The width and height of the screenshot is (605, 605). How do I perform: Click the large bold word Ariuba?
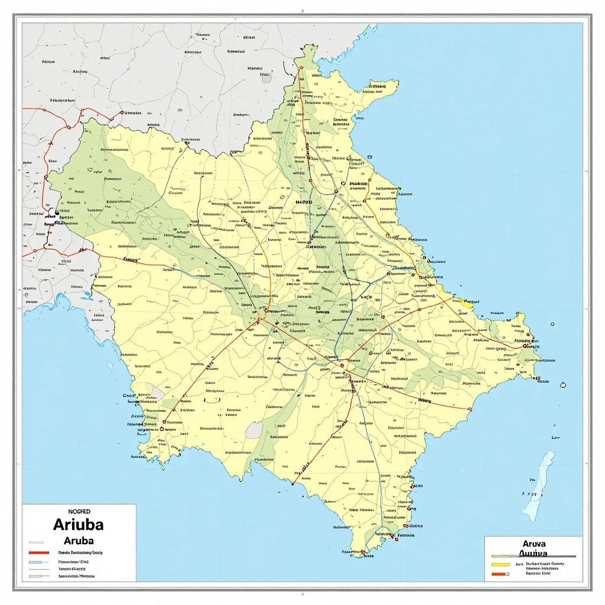pyautogui.click(x=78, y=525)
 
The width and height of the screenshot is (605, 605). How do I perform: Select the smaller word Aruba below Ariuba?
pyautogui.click(x=77, y=541)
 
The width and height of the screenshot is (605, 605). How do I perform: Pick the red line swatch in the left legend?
pyautogui.click(x=37, y=552)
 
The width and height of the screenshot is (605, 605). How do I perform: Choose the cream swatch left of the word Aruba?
pyautogui.click(x=37, y=541)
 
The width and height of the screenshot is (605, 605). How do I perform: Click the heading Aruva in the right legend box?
pyautogui.click(x=534, y=544)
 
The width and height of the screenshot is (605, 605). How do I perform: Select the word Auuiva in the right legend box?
pyautogui.click(x=532, y=554)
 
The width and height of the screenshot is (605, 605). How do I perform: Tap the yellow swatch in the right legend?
pyautogui.click(x=500, y=564)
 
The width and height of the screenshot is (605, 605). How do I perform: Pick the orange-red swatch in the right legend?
pyautogui.click(x=500, y=573)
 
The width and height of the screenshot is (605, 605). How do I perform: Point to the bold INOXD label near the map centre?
pyautogui.click(x=303, y=201)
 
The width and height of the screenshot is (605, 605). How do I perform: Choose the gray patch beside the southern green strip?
pyautogui.click(x=253, y=430)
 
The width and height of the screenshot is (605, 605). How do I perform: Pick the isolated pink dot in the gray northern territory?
pyautogui.click(x=178, y=109)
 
